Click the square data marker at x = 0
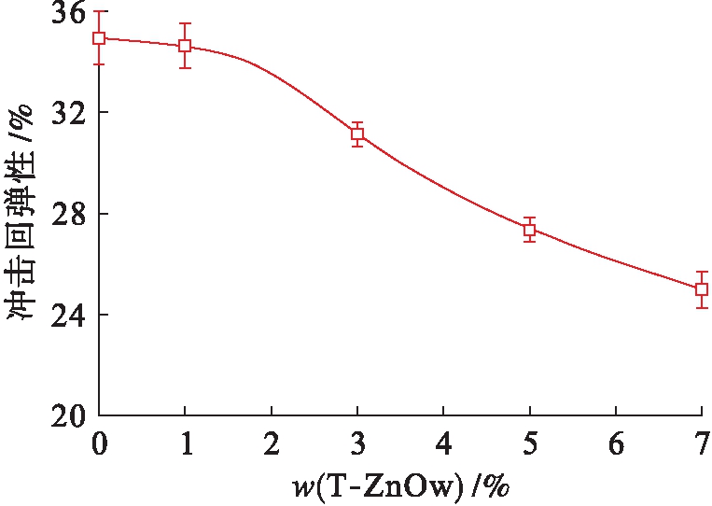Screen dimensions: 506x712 (x=99, y=38)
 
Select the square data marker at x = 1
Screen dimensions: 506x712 (x=185, y=46)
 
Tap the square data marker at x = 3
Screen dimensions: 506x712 (x=357, y=134)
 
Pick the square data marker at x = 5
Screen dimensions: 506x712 (x=529, y=230)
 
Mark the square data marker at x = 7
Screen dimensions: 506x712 (x=702, y=289)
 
